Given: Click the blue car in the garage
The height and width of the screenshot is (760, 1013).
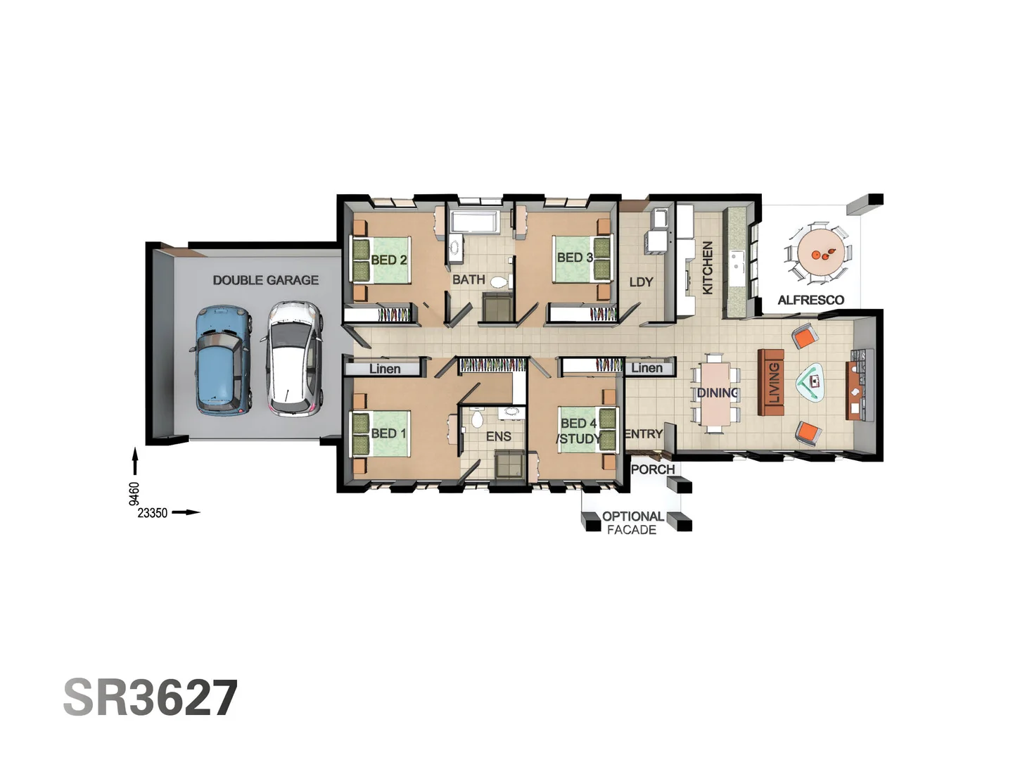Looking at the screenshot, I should tap(222, 360).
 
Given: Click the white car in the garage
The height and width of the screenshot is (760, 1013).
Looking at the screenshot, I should tap(295, 358).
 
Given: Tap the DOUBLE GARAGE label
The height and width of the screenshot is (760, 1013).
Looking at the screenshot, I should tap(265, 280).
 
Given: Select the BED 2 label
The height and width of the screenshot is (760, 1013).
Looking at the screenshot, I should tap(388, 260).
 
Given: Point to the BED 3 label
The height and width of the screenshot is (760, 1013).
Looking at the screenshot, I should tap(574, 258).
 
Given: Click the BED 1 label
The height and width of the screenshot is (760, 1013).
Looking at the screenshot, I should tap(388, 433).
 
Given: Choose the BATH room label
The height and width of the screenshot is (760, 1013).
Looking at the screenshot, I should tap(469, 279).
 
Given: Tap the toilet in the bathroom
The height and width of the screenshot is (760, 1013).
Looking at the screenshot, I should tap(499, 282).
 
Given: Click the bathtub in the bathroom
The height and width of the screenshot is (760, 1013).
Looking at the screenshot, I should tap(474, 222).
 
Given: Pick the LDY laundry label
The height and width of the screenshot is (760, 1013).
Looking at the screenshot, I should tap(641, 282).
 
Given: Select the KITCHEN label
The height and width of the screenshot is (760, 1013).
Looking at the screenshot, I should tap(708, 267).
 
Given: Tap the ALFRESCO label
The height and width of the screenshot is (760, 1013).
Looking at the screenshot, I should tap(810, 300).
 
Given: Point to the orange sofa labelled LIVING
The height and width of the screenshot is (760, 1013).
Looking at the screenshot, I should tap(771, 382).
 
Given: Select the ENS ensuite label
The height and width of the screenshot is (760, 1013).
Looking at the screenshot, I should tap(498, 436).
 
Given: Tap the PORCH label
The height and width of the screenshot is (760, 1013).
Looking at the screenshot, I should tap(652, 469).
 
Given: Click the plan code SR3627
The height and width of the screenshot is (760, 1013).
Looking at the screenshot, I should tap(151, 697).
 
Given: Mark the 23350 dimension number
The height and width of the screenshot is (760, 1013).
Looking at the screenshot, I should tap(153, 513).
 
